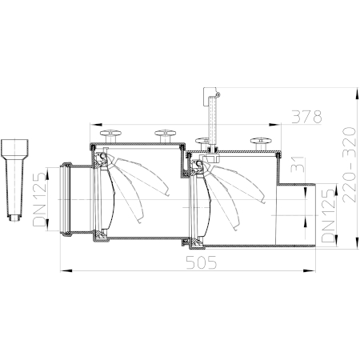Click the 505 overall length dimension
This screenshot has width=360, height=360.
coord(202,262)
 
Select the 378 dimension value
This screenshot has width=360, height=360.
coord(306,117)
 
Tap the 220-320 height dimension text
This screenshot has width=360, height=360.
coord(350,165)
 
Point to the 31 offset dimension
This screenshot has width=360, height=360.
coord(298,165)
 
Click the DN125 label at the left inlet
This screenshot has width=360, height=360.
coord(40,200)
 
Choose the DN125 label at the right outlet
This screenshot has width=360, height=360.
coord(328,216)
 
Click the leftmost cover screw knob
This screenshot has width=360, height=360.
coord(110,136)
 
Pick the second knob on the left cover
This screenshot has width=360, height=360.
coord(166,136)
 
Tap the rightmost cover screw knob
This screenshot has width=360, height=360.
coord(261,143)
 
